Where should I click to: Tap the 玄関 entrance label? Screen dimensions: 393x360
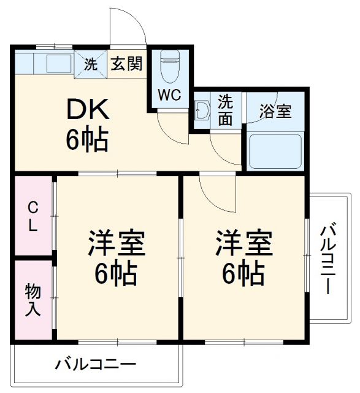pyautogui.click(x=127, y=64)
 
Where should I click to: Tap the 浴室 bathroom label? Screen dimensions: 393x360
pyautogui.click(x=275, y=112)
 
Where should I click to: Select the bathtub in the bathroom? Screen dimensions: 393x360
pyautogui.click(x=275, y=150)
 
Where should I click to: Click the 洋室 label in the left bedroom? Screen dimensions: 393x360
pyautogui.click(x=116, y=243)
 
